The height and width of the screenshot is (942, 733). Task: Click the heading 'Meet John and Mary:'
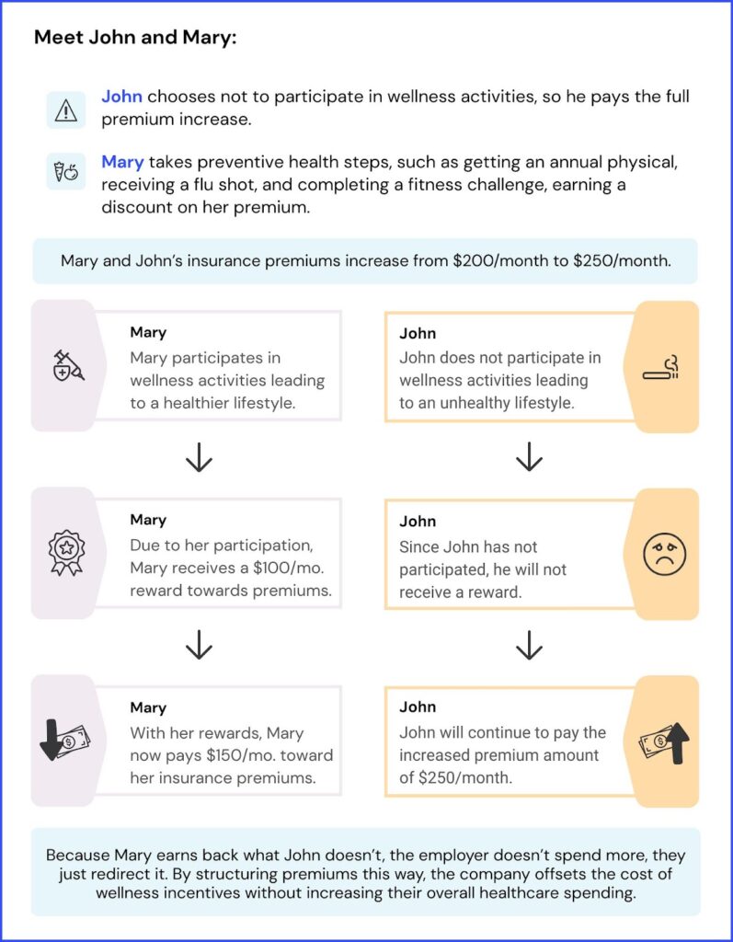coord(134,39)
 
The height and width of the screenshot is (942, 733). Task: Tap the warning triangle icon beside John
coord(65,109)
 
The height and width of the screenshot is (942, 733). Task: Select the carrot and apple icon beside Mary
coord(65,170)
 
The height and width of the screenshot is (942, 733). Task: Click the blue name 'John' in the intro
coord(121,97)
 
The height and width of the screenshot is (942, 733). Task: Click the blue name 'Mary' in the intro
coord(122,162)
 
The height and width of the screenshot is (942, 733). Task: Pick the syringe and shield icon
coord(66,365)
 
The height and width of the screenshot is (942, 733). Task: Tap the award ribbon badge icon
coord(66,553)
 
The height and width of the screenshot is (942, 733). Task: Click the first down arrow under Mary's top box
coord(199,457)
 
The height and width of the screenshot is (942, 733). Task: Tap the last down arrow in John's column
coord(528,647)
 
